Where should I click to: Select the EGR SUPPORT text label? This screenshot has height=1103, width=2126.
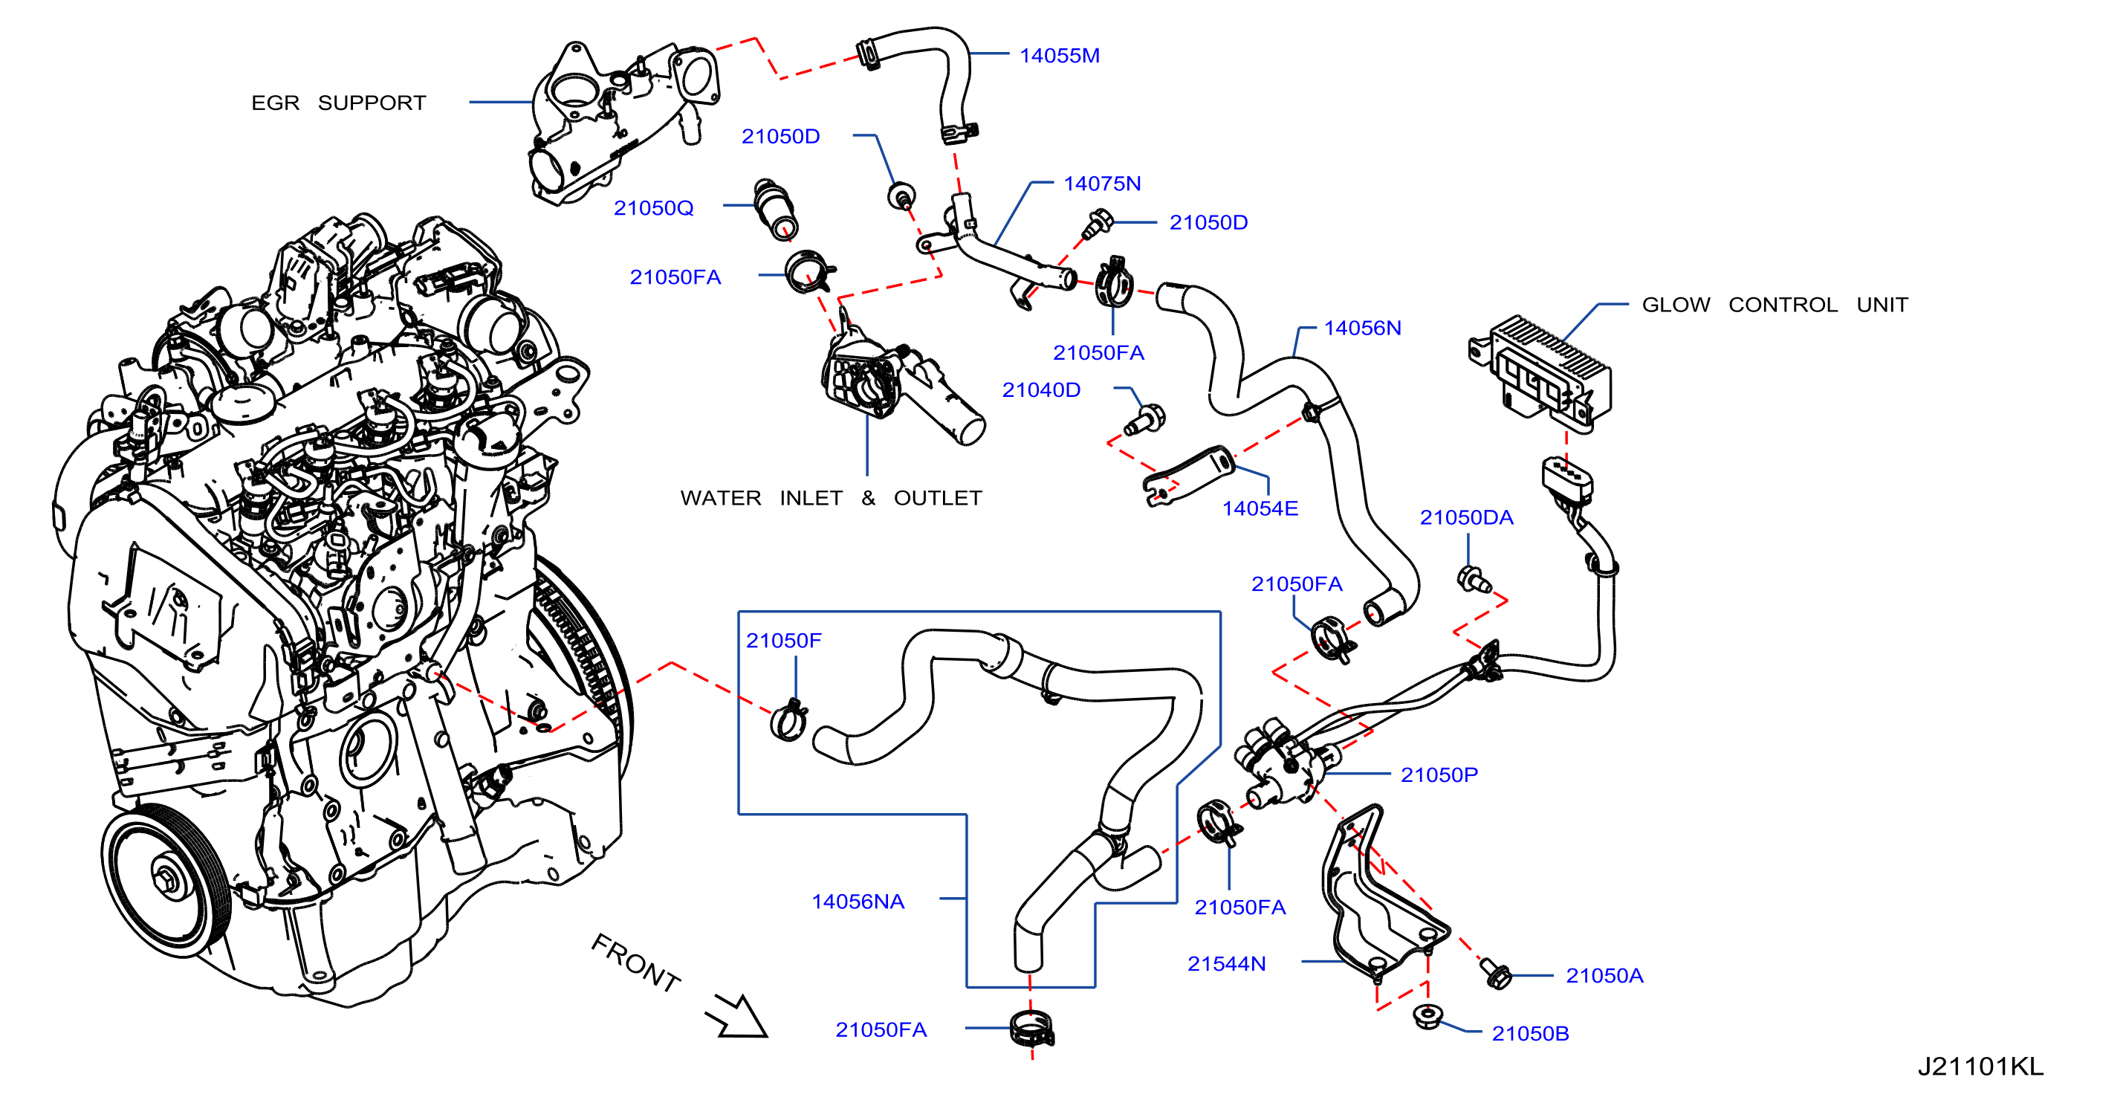tap(338, 103)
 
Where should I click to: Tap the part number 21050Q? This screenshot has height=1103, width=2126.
tap(654, 208)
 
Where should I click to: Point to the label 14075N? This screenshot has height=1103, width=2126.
tap(1102, 184)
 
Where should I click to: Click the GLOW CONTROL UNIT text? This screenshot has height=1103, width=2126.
tap(1775, 305)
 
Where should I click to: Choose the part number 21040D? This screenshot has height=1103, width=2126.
tap(1041, 389)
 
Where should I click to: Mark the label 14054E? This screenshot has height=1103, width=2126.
tap(1260, 508)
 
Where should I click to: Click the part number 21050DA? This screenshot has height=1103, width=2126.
tap(1467, 517)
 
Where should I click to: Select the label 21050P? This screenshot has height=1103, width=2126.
tap(1439, 774)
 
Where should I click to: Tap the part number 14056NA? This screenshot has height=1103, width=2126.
tap(858, 902)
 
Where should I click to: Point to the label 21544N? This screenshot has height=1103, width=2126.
tap(1226, 963)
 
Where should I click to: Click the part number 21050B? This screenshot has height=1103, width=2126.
tap(1530, 1034)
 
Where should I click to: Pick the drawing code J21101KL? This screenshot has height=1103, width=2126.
tap(1980, 1067)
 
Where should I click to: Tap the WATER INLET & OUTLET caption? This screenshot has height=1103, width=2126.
tap(831, 498)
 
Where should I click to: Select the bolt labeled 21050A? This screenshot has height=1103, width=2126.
tap(1494, 974)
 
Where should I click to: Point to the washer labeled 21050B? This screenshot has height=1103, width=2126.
tap(1426, 1015)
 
